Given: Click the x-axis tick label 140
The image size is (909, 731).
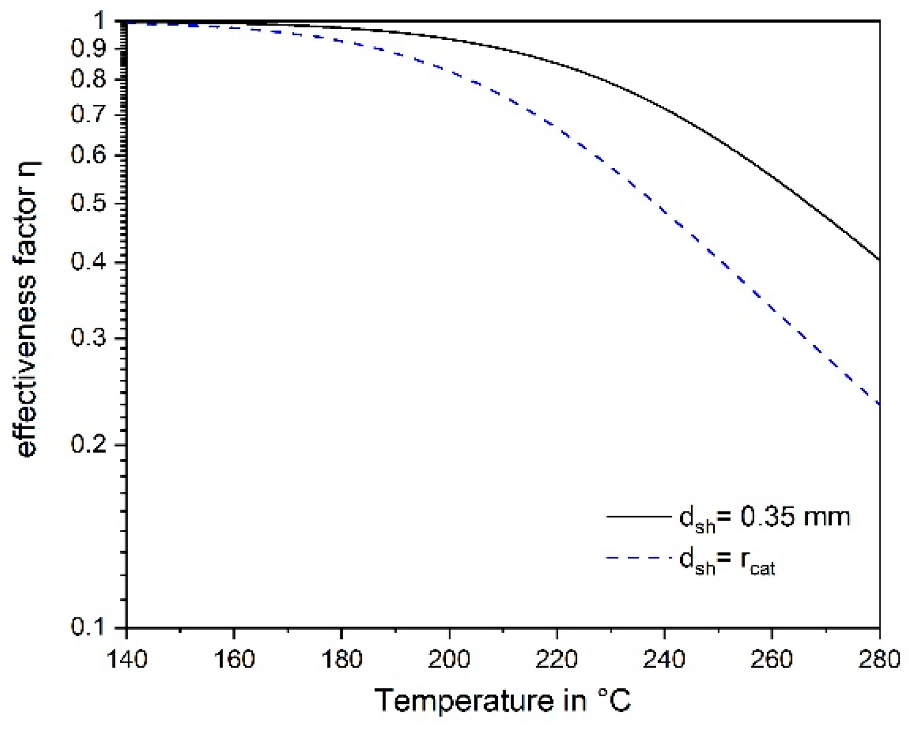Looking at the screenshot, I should click(126, 659).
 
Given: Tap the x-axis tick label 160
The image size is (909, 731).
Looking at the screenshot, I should click(234, 659).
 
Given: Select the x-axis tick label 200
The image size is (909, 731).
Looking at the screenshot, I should click(449, 659).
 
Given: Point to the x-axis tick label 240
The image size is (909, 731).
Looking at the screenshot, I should click(664, 659).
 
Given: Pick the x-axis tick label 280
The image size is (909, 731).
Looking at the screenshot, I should click(879, 659).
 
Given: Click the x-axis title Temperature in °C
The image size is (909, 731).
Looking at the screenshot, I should click(503, 701).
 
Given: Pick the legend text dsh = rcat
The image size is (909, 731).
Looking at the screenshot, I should click(727, 561).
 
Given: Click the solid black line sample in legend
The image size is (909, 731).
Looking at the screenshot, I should click(638, 516).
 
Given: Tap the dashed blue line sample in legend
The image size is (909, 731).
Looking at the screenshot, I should click(638, 558).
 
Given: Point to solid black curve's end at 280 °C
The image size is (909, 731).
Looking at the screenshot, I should click(879, 259).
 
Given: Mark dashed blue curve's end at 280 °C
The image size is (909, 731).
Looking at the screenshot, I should click(879, 404).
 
